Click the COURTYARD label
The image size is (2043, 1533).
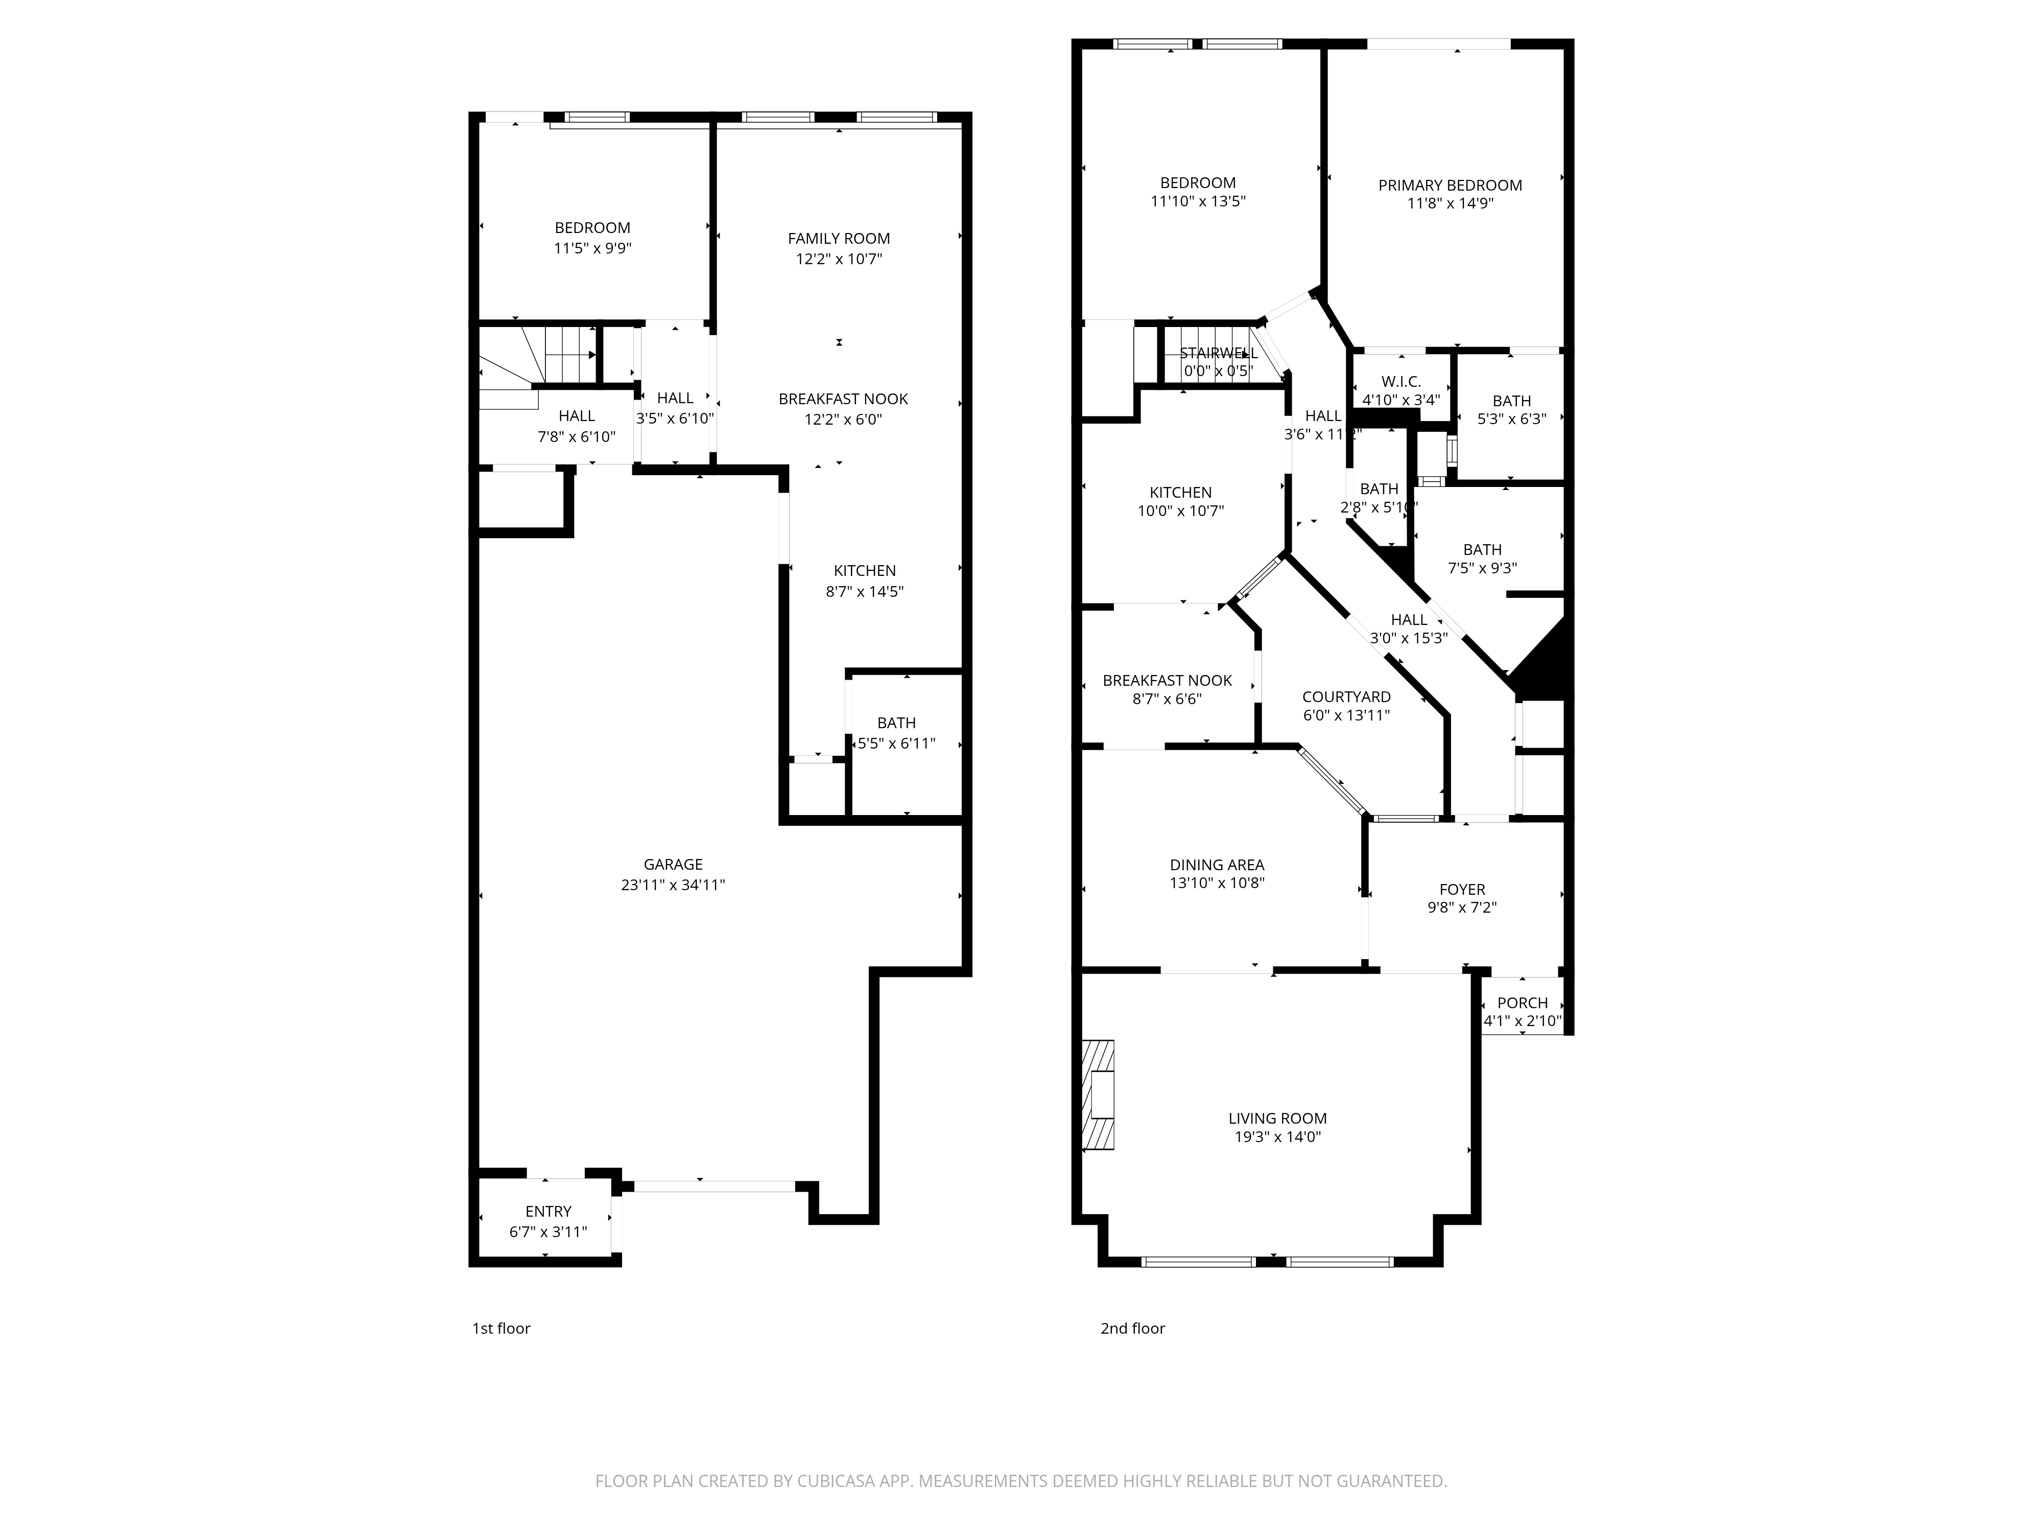click(x=1346, y=696)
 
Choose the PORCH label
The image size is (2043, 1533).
click(x=1522, y=1003)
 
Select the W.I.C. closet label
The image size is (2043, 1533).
click(x=1401, y=382)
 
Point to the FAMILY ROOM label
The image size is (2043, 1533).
click(x=839, y=239)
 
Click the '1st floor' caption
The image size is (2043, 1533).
click(x=501, y=1328)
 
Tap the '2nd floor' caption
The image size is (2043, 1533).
click(x=1132, y=1328)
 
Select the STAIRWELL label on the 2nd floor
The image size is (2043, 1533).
click(x=1218, y=353)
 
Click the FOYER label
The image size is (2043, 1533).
click(x=1462, y=889)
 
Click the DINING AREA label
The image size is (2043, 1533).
click(x=1217, y=865)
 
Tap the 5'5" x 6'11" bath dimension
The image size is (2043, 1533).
click(x=896, y=743)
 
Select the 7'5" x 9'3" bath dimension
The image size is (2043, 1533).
click(x=1482, y=568)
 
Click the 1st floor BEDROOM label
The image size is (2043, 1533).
click(x=592, y=227)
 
